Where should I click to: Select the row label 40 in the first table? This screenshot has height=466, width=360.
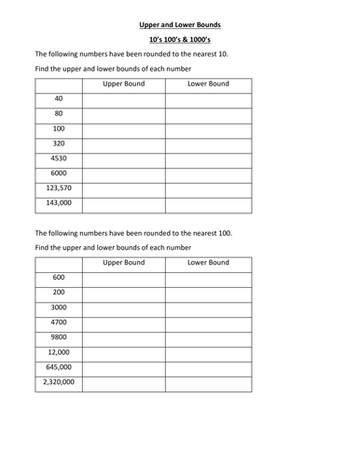coord(59,99)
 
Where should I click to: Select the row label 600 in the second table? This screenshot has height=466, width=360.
coord(59,278)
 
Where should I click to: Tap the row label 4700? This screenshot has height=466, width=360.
coord(59,322)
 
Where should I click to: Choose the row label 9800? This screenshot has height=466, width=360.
coord(59,337)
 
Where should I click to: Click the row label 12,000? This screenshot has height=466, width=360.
coord(59,352)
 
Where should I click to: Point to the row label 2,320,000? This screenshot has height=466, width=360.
coord(59,382)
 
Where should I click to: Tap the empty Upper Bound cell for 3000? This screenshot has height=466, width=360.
coord(123,308)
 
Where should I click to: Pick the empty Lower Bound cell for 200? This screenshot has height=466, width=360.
coord(208,293)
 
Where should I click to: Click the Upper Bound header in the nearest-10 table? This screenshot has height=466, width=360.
coord(123,84)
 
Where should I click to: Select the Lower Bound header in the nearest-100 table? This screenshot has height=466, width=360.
coord(208,263)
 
